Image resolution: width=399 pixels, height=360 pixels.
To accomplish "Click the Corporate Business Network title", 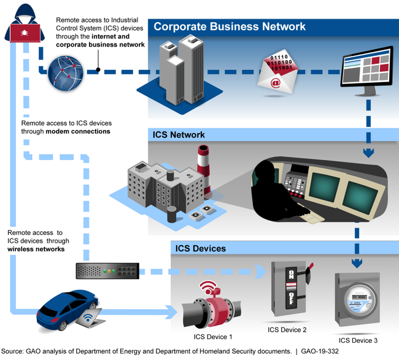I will (230, 27).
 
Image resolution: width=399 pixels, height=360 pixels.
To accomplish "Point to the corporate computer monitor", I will (366, 69).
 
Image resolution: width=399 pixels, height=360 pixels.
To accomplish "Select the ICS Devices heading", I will (201, 248).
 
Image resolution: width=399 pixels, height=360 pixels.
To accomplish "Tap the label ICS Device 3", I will (358, 339).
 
